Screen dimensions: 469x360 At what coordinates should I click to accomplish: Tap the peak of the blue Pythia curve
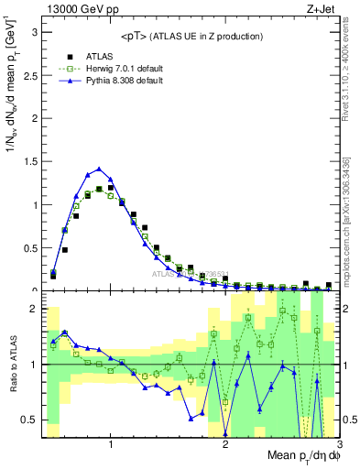[99, 169]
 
